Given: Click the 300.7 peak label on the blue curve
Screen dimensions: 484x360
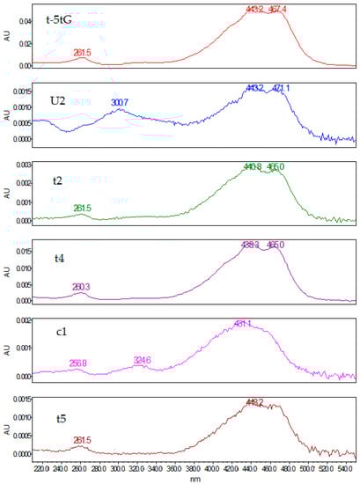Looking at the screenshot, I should (121, 104).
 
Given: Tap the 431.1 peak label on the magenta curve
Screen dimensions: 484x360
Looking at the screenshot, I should (243, 324).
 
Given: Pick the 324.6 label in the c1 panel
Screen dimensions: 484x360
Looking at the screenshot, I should (143, 360).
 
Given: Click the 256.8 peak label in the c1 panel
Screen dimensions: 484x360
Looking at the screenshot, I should (79, 363).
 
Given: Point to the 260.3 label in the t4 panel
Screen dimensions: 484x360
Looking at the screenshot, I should (81, 286).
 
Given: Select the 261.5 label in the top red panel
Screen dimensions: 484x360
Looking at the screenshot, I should (82, 53).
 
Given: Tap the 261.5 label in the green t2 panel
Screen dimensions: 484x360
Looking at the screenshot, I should (82, 208).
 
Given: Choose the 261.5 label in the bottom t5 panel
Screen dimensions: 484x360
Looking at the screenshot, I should (81, 440).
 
